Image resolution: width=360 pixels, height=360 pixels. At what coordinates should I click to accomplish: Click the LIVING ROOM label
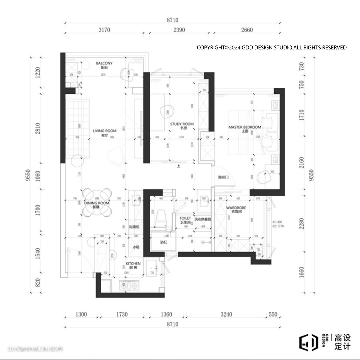[105, 131]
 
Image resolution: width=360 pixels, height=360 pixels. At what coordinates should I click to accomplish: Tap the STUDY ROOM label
[182, 124]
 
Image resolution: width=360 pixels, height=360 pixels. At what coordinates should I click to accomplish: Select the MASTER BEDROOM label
[245, 127]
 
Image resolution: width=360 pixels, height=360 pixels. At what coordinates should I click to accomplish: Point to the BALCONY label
[104, 63]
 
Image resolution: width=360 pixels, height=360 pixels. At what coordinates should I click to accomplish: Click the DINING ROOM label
[97, 203]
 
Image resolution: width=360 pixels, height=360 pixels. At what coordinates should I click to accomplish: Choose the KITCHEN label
[133, 264]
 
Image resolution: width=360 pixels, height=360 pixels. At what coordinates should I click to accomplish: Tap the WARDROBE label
[236, 207]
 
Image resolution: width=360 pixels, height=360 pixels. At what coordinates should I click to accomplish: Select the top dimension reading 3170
[104, 30]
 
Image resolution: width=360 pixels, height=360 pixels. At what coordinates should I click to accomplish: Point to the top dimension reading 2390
[179, 30]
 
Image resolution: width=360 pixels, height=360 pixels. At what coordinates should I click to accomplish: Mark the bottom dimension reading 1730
[122, 314]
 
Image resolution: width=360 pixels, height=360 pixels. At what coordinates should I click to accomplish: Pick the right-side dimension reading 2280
[302, 223]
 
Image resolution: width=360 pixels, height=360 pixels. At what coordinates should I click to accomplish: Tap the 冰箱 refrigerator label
[136, 247]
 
